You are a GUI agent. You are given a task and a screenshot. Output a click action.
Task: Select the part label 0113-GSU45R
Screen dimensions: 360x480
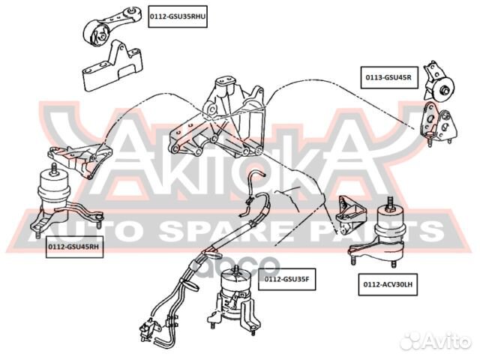388,76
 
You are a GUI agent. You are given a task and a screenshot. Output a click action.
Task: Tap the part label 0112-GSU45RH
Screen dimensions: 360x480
73,245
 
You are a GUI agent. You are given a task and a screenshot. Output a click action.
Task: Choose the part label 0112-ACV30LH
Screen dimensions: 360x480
386,283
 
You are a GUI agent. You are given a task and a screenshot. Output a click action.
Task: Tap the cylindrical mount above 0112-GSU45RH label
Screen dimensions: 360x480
54,192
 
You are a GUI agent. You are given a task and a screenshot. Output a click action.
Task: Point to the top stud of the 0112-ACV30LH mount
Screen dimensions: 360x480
391,201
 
